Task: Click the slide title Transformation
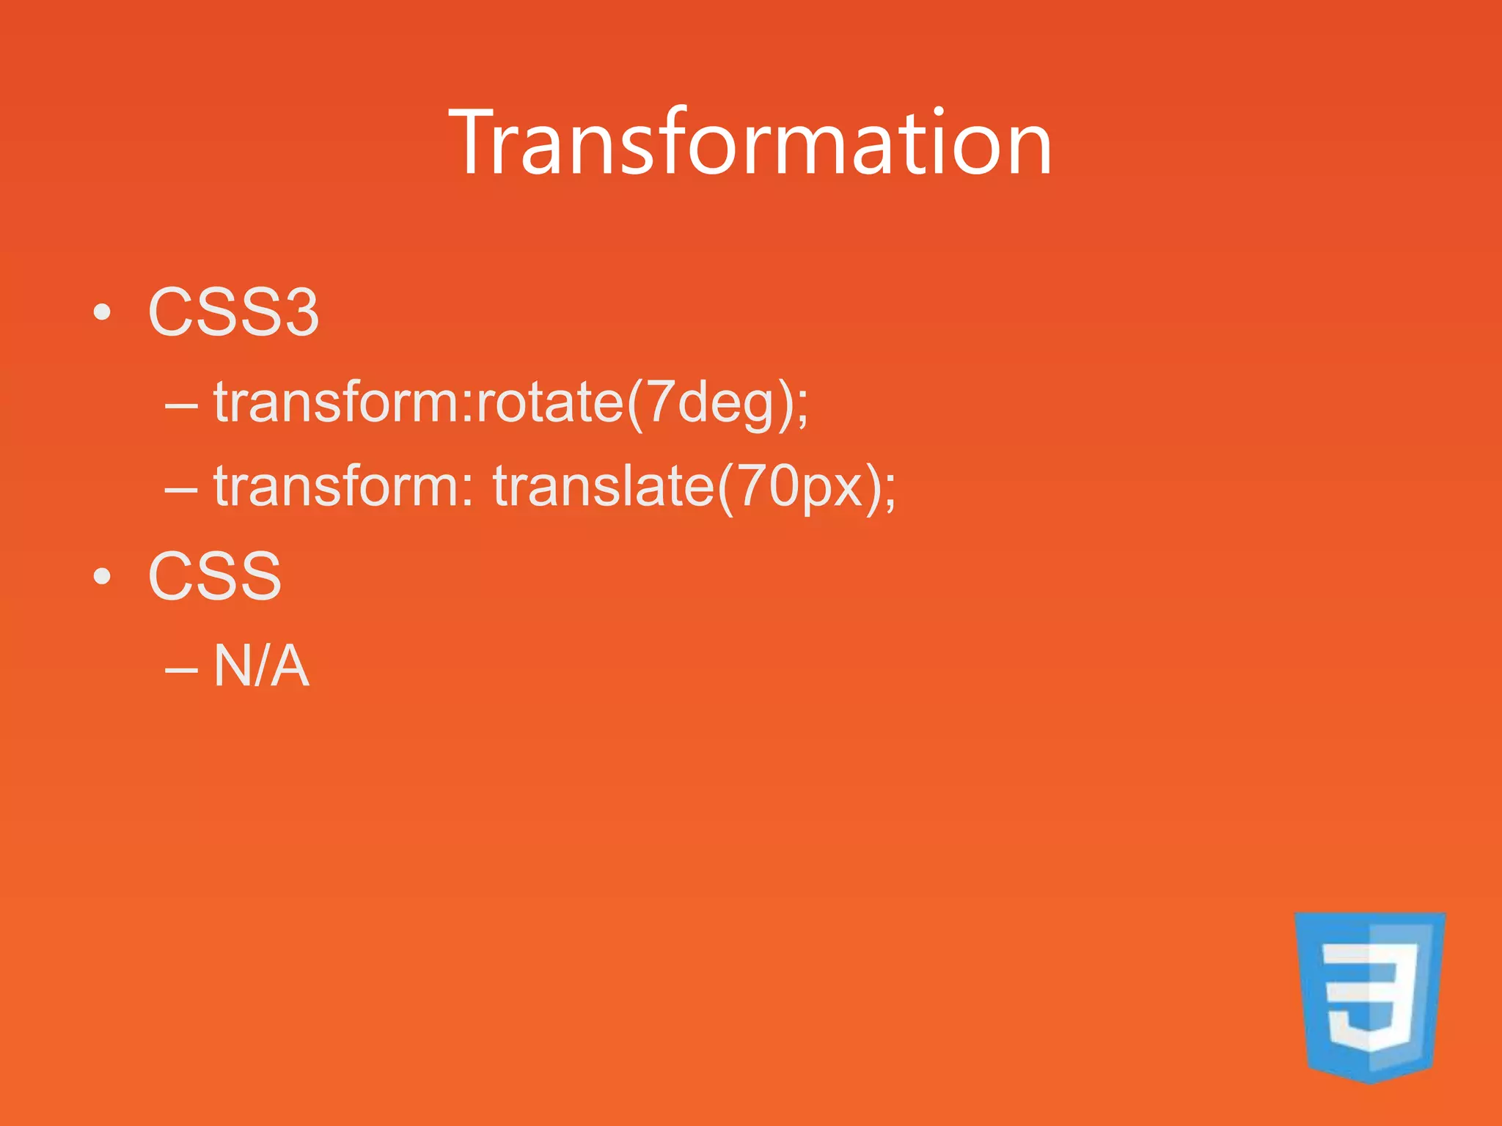point(750,142)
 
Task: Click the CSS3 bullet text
point(233,312)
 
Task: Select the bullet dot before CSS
point(103,577)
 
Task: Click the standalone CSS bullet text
point(214,576)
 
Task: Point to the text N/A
point(260,666)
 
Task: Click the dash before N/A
point(181,669)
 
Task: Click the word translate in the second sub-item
point(603,486)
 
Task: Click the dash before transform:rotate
point(181,405)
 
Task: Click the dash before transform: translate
point(181,489)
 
